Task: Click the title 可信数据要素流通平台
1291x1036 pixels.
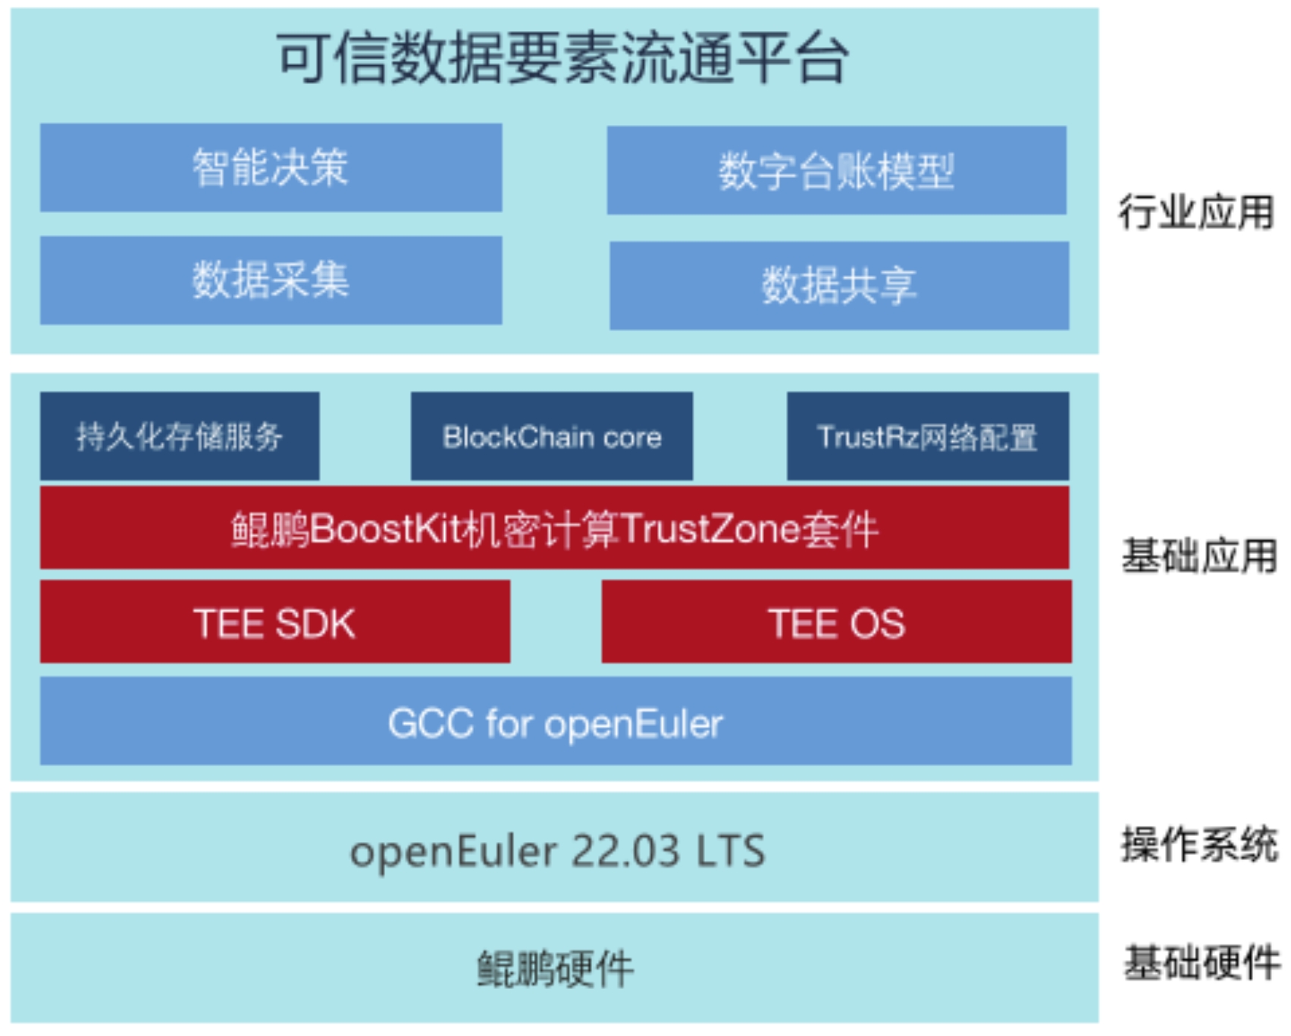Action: tap(562, 59)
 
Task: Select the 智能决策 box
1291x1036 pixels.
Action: tap(271, 167)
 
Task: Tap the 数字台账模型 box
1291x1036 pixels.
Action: tap(836, 171)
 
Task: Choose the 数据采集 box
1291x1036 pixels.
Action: tap(271, 280)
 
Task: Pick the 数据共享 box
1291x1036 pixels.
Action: tap(839, 286)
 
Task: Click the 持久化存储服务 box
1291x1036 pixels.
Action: tap(180, 437)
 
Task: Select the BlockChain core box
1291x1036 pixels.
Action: tap(552, 437)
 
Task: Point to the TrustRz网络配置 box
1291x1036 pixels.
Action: tap(928, 437)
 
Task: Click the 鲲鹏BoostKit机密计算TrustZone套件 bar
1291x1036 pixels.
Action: tap(555, 528)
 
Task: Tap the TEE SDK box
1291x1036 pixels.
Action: tap(274, 623)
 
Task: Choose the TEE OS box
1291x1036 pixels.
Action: tap(836, 623)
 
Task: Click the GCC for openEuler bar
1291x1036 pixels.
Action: tap(555, 722)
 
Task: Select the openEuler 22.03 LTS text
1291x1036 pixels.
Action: tap(557, 850)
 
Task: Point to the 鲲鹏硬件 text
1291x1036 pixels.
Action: tap(555, 969)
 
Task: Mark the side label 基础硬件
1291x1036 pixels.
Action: tap(1202, 962)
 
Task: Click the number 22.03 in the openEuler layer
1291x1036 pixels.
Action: tap(625, 850)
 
